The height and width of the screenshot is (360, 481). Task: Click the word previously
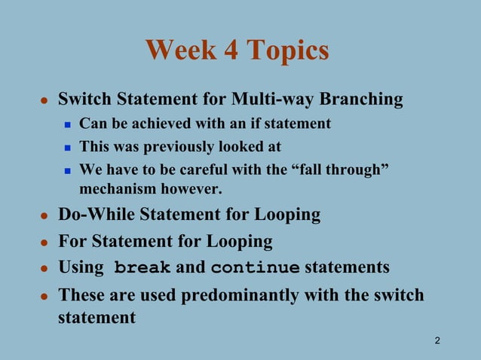point(179,146)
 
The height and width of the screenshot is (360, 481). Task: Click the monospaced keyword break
point(142,268)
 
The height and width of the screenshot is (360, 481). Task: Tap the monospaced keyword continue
point(255,268)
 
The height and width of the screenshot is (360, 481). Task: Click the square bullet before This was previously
point(67,147)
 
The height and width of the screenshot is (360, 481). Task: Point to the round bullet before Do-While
point(44,216)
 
